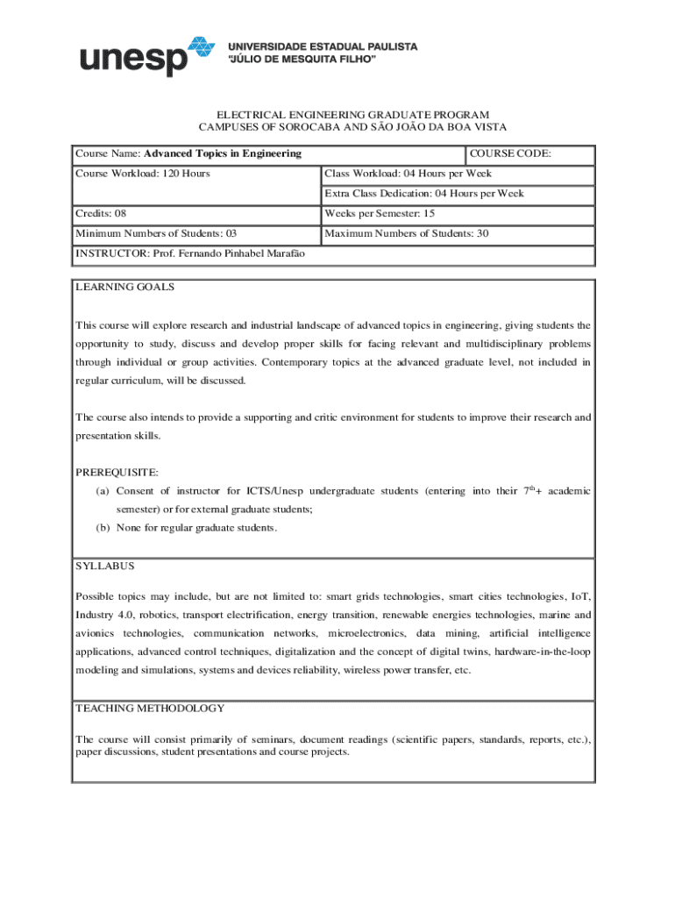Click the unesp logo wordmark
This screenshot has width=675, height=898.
coord(134,61)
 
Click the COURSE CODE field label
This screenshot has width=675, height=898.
coord(511,153)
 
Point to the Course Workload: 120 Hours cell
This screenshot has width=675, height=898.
coord(143,174)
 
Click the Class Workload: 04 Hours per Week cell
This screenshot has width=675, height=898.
coord(409,174)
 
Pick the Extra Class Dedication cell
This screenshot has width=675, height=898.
coord(424,193)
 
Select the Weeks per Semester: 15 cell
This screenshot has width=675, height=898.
coord(380,214)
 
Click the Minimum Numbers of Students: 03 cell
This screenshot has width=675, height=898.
coord(156,234)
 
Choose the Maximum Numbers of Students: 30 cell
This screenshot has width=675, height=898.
coord(407,234)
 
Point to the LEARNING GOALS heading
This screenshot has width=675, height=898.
coord(125,287)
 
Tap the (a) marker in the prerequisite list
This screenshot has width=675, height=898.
coord(103,491)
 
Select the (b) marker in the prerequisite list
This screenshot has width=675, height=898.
coord(103,528)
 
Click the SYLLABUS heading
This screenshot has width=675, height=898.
coord(104,567)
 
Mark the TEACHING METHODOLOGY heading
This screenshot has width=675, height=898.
coord(150,709)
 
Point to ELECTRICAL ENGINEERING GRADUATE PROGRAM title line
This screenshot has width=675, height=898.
coord(341,115)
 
